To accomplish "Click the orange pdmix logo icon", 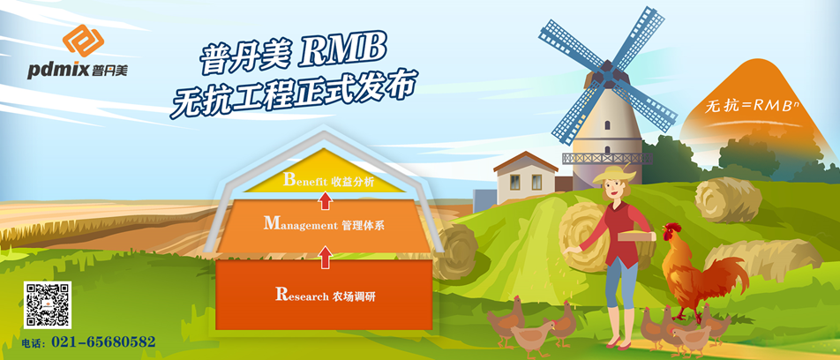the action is [x=83, y=41].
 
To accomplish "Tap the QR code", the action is [x=48, y=304].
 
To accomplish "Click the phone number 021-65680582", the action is [x=103, y=341].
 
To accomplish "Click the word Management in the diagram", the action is [x=301, y=225].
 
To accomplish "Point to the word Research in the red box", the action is [x=301, y=296].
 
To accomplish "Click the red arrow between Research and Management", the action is [x=325, y=257].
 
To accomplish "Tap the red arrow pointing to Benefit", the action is [x=325, y=201].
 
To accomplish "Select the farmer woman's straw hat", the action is [x=614, y=174].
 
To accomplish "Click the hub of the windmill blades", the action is [x=607, y=74].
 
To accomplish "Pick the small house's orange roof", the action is [x=525, y=161].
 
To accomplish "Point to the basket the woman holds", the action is [x=636, y=236].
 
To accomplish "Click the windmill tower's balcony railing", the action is [x=607, y=159].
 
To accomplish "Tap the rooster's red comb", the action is [x=671, y=228].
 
